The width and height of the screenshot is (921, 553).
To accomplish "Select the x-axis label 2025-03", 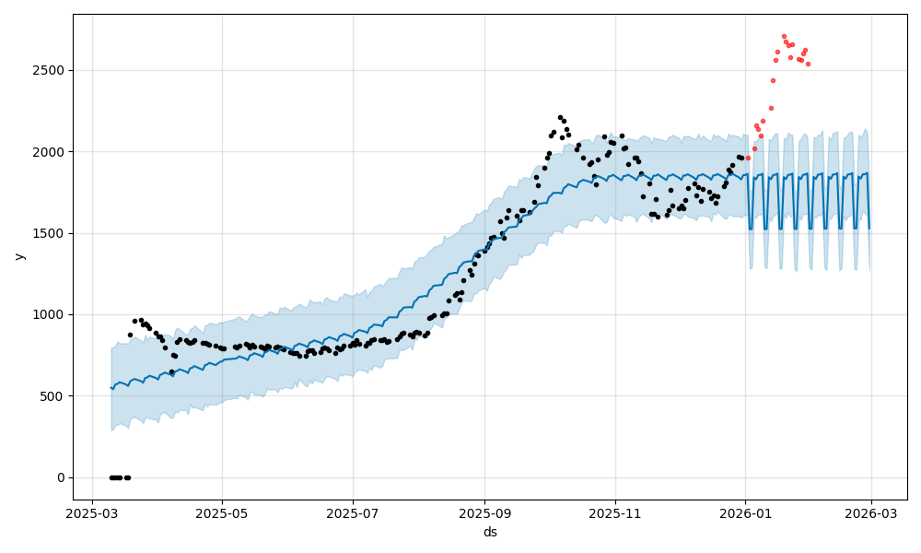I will (92, 513).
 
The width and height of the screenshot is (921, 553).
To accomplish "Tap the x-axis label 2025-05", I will (222, 513).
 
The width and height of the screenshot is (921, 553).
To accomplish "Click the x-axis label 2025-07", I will (353, 513).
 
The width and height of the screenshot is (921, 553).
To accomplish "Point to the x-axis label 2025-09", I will (484, 513).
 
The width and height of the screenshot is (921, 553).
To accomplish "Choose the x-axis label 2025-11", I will (615, 513).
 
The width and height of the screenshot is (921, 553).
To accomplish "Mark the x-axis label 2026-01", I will (746, 513).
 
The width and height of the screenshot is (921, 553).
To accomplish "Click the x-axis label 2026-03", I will (872, 513).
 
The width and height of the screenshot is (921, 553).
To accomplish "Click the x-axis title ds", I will (490, 532).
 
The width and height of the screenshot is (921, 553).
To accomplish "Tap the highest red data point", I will (784, 36).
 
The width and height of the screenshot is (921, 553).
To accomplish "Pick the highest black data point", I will (560, 117).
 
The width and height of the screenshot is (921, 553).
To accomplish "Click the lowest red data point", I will (748, 158).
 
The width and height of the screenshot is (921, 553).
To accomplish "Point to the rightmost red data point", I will (808, 64).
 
